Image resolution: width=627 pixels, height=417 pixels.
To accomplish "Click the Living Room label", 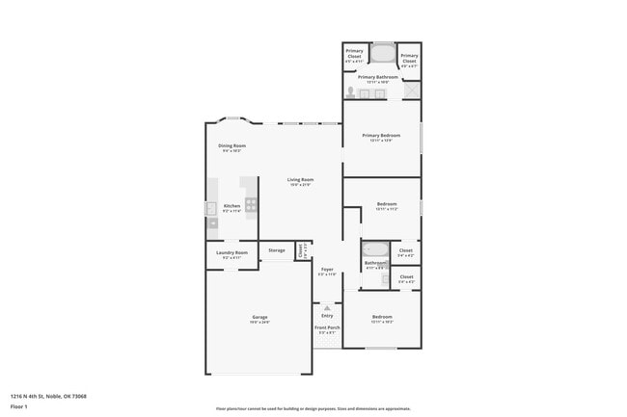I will point(300,180).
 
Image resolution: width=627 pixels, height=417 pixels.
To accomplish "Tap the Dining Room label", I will point(232,146).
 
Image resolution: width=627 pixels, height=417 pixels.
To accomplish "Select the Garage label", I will point(259,317).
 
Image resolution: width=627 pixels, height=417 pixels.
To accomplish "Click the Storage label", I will point(277,250).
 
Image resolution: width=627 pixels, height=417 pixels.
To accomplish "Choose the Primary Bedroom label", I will point(382,136).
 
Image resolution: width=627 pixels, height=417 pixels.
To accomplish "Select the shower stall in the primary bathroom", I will point(412,91).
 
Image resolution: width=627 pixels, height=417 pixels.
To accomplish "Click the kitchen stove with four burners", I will point(251,203).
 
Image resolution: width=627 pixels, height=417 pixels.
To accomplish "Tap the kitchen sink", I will point(211,208).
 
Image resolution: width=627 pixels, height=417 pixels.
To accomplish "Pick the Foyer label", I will point(327,270).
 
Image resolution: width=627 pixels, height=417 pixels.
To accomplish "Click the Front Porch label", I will point(327,327).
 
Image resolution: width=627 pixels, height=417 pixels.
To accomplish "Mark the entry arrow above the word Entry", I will point(327,308).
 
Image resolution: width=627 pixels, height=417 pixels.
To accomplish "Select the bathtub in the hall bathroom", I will point(375,250).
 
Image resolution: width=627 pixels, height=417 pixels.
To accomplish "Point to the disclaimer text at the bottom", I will point(313,408).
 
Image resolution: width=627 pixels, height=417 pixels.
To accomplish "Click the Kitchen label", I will point(232,206).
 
